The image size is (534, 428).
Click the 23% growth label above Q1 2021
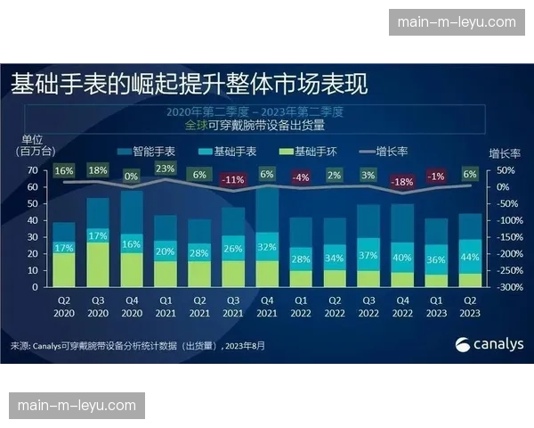[x=166, y=169]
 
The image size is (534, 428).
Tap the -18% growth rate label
[x=403, y=181]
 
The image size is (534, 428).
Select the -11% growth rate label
[x=233, y=180]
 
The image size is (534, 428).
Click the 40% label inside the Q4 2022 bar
[x=403, y=257]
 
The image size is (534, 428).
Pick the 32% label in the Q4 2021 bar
[x=268, y=247]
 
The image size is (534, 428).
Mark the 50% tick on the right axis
[x=504, y=170]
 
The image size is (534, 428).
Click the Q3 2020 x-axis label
[x=98, y=307]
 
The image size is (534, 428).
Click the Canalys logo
[x=489, y=344]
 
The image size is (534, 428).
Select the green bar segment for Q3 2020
[x=98, y=265]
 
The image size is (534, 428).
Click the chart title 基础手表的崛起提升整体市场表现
[x=190, y=85]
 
